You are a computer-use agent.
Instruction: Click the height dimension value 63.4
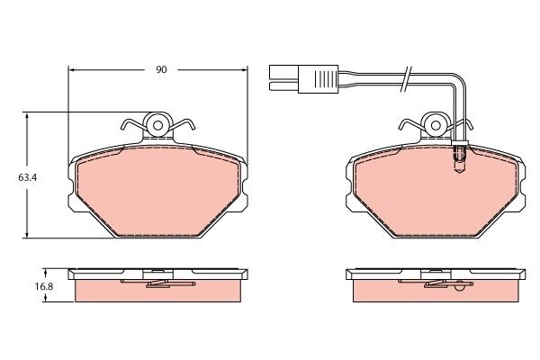coord(15,177)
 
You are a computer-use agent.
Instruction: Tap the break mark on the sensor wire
coord(407,77)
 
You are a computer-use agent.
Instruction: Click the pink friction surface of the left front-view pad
coord(158,189)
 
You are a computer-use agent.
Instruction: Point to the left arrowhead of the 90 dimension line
coord(73,69)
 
